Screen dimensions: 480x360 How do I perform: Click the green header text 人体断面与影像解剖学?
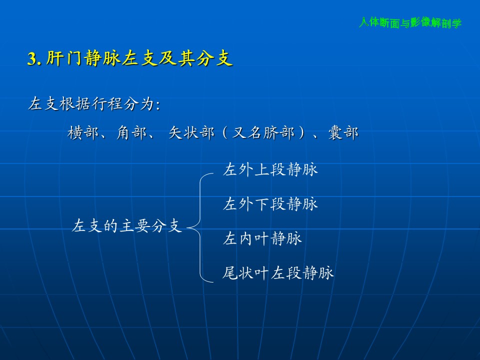pyautogui.click(x=410, y=22)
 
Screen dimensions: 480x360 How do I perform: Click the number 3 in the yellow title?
pyautogui.click(x=31, y=58)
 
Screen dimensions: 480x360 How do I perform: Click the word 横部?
pyautogui.click(x=83, y=133)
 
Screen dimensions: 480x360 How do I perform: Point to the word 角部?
pyautogui.click(x=131, y=133)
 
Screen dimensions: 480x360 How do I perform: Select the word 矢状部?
pyautogui.click(x=191, y=133)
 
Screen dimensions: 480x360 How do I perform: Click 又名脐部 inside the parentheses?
pyautogui.click(x=263, y=133)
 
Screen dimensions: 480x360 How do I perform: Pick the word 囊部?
pyautogui.click(x=343, y=133)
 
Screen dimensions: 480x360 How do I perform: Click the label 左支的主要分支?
pyautogui.click(x=127, y=226)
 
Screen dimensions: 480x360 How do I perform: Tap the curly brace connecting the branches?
pyautogui.click(x=200, y=228)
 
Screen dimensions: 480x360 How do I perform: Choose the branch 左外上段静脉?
pyautogui.click(x=270, y=169)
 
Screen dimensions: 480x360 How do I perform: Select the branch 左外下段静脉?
pyautogui.click(x=270, y=204)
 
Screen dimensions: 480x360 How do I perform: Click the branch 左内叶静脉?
pyautogui.click(x=262, y=238)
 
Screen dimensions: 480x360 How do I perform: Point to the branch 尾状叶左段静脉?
pyautogui.click(x=278, y=273)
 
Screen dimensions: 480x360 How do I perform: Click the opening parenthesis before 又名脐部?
pyautogui.click(x=224, y=133)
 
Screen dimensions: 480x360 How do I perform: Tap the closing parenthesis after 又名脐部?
pyautogui.click(x=302, y=133)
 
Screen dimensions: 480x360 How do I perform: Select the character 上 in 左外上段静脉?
pyautogui.click(x=262, y=169)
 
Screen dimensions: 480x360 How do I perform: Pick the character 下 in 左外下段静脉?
pyautogui.click(x=262, y=204)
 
